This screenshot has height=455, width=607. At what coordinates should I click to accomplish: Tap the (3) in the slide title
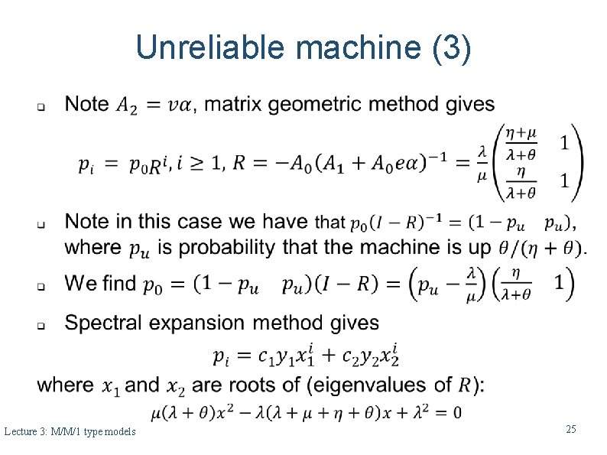click(452, 49)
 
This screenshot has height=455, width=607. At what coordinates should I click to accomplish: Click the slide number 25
click(570, 430)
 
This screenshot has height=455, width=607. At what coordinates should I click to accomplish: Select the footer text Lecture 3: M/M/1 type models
click(70, 432)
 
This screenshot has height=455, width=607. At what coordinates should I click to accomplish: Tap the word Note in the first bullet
click(86, 104)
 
